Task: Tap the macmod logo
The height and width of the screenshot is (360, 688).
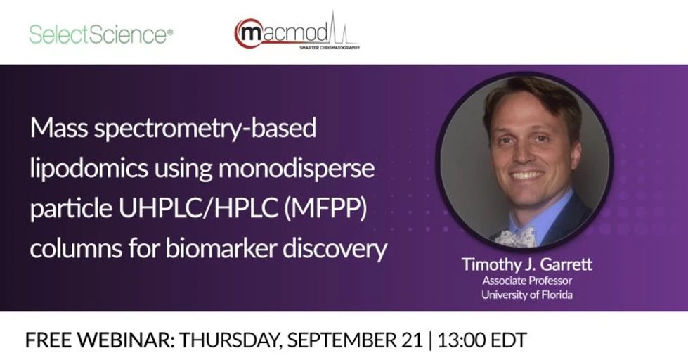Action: [x=296, y=32]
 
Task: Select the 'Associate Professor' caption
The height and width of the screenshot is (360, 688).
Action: [x=526, y=281]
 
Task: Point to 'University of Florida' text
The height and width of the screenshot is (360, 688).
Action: [x=526, y=295]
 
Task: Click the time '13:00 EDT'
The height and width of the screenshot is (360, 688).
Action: [x=482, y=340]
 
